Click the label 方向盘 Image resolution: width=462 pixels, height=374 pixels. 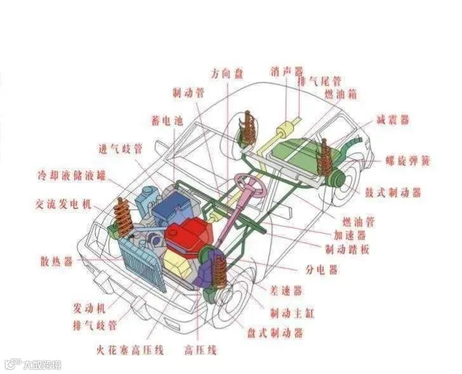click(x=227, y=73)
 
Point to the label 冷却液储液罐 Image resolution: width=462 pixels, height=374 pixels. click(x=71, y=175)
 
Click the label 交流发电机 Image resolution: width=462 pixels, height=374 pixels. click(x=63, y=204)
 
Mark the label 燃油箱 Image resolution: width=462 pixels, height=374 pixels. click(x=340, y=94)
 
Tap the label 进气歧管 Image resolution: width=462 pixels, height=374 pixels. click(x=120, y=150)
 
